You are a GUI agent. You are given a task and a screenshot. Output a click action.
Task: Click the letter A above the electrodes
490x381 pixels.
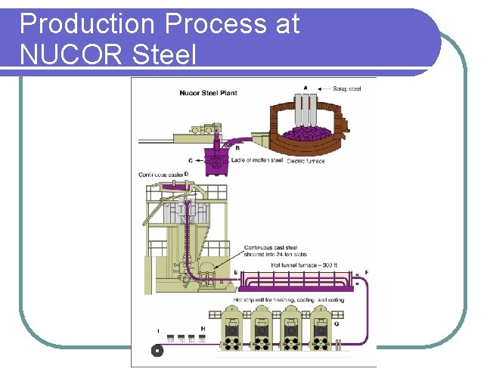click(305, 88)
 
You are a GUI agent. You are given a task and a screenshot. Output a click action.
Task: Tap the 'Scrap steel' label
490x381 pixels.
click(347, 88)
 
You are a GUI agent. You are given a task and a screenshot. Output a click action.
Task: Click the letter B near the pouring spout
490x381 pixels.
click(237, 147)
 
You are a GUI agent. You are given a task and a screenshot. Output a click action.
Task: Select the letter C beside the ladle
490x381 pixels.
click(190, 160)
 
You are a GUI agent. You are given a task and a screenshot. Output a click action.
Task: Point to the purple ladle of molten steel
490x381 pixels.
click(218, 160)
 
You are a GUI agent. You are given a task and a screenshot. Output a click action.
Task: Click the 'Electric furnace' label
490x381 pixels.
click(305, 160)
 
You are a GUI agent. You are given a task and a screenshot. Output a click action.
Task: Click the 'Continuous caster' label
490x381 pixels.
click(160, 175)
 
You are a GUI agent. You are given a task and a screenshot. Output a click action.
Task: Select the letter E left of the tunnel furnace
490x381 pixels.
click(236, 272)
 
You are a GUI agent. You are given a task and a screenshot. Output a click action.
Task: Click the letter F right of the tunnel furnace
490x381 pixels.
click(367, 272)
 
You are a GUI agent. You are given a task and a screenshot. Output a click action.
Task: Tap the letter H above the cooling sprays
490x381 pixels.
click(203, 329)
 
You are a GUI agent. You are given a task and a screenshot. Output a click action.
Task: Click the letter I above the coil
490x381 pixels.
click(157, 330)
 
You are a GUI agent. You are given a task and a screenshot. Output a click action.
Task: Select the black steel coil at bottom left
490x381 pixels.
click(157, 351)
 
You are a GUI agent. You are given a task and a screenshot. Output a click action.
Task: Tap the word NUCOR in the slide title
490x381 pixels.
click(70, 54)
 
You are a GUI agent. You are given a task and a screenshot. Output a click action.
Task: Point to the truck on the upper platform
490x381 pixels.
click(200, 129)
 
